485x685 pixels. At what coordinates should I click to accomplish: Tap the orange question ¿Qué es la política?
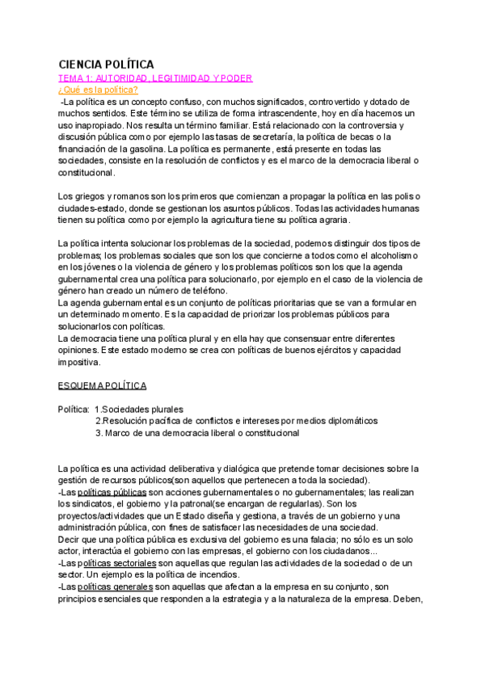tap(98, 90)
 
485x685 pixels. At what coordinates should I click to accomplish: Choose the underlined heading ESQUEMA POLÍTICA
tap(103, 386)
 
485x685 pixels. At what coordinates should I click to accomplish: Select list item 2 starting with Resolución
tap(236, 421)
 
